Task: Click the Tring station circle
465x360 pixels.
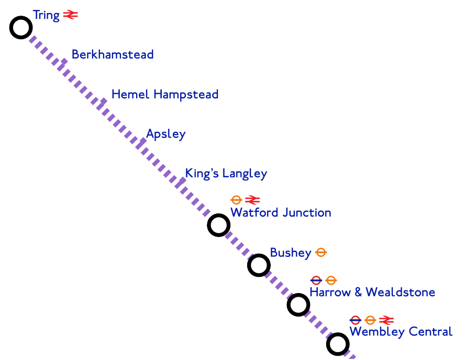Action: click(21, 27)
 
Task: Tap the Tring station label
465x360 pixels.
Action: click(46, 15)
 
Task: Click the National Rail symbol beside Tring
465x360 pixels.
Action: click(70, 15)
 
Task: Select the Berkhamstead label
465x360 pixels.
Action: click(113, 54)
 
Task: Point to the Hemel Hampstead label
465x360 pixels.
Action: click(165, 95)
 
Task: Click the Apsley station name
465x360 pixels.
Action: click(166, 134)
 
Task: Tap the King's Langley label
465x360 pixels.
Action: click(226, 174)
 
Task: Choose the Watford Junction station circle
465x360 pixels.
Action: click(218, 225)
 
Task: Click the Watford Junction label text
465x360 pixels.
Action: click(281, 213)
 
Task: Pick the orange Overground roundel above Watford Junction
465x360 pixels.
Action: click(236, 200)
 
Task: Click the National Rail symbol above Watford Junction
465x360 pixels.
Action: click(252, 200)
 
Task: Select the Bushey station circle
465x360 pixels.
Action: click(258, 265)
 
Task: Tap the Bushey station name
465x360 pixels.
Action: click(291, 253)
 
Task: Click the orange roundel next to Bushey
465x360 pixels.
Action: click(322, 253)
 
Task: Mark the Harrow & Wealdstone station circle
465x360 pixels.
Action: click(298, 305)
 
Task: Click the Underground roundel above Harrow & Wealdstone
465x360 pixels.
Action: click(316, 280)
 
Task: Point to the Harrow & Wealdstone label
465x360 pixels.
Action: click(372, 292)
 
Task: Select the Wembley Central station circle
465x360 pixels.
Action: click(338, 344)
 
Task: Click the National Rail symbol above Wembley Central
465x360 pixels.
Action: click(386, 320)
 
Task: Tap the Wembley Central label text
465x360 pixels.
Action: click(401, 332)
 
